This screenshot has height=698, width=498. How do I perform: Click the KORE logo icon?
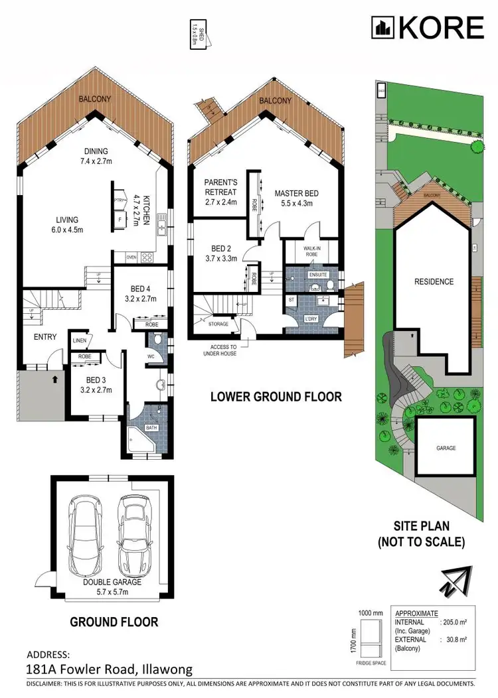(382, 27)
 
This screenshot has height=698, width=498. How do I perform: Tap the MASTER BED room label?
(297, 194)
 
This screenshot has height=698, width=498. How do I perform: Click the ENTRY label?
(45, 337)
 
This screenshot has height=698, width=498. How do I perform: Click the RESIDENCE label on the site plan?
(434, 281)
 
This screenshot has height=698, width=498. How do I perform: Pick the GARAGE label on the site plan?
(446, 448)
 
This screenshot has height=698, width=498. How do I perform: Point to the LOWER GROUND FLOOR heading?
(276, 397)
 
